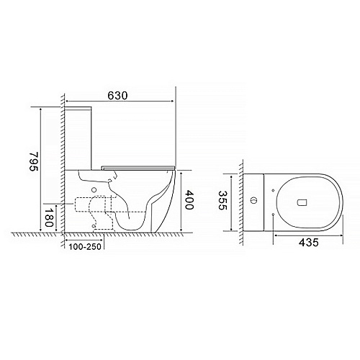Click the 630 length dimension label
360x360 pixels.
(x=117, y=96)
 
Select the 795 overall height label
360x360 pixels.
(x=34, y=161)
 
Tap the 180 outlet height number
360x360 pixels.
(x=48, y=217)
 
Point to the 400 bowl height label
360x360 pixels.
(x=189, y=200)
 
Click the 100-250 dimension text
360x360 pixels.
(x=85, y=247)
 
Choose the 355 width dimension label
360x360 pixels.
(x=222, y=200)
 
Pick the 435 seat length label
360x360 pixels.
(x=309, y=243)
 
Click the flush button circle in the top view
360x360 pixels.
(x=253, y=200)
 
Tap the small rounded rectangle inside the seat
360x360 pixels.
(x=302, y=203)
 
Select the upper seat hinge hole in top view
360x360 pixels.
(x=273, y=190)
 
